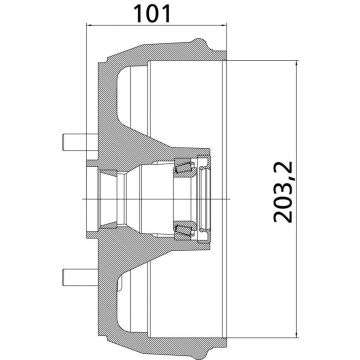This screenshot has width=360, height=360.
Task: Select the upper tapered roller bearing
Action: coord(185,167)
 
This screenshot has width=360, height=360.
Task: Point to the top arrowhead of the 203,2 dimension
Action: coord(299,63)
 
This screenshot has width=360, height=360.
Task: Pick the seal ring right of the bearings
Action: coord(207,201)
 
